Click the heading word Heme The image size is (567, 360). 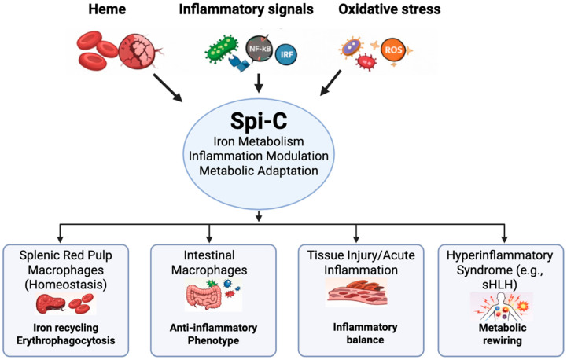(107, 9)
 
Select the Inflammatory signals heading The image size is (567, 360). (246, 9)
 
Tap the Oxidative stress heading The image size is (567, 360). (389, 9)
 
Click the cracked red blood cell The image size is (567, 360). (138, 51)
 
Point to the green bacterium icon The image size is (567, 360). (222, 48)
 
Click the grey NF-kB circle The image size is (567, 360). (260, 48)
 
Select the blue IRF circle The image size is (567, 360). (286, 54)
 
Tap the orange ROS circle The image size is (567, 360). (393, 50)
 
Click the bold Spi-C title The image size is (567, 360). (259, 120)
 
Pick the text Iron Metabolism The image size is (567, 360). (259, 141)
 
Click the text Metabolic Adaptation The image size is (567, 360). (259, 171)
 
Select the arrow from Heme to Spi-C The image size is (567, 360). (168, 88)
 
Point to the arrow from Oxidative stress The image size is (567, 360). (330, 83)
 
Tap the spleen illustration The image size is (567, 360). (51, 304)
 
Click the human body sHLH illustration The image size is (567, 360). (501, 307)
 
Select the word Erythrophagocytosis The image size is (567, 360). (66, 341)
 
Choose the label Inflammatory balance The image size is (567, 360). (365, 333)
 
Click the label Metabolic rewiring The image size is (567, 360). (503, 334)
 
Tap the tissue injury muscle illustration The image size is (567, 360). (357, 293)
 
